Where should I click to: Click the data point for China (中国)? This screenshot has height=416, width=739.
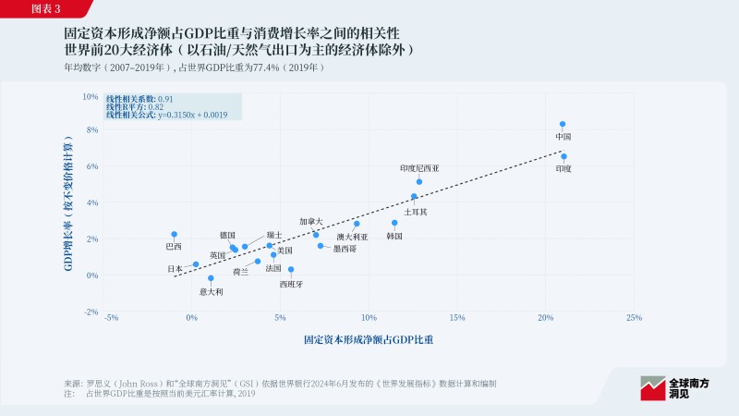563,124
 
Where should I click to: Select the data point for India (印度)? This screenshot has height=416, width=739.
563,156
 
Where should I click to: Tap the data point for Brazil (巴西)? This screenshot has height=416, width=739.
174,235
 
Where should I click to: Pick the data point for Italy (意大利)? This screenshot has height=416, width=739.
211,277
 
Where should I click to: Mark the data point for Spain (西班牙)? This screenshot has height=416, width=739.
291,270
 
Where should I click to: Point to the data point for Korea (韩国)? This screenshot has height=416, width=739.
394,223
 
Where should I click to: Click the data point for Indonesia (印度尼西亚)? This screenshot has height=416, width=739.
418,182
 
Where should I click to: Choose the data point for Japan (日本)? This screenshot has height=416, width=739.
196,264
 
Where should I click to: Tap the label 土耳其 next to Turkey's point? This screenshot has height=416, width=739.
416,212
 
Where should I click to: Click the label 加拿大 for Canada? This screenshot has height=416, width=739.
311,222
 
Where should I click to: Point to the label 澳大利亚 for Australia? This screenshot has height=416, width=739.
352,237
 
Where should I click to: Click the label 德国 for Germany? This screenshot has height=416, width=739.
227,236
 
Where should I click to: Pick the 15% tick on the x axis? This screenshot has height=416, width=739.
456,318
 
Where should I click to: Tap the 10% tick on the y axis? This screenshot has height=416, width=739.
91,96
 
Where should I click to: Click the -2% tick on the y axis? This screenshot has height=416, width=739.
91,312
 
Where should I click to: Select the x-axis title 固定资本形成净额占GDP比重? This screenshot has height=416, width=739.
369,340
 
